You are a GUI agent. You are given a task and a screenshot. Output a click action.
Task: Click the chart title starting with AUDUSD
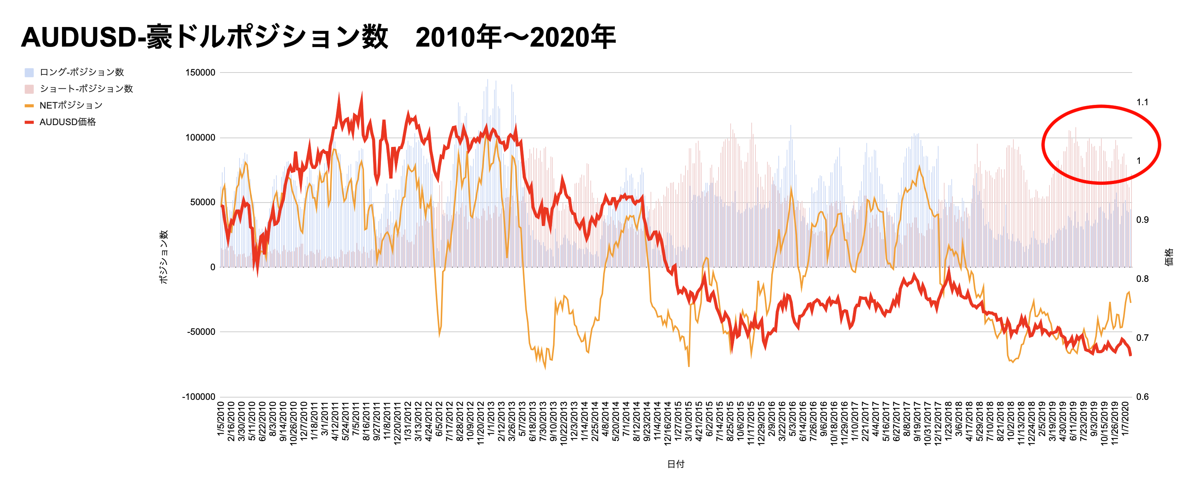(x=318, y=37)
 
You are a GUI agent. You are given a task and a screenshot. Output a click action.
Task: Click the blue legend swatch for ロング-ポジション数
(x=29, y=73)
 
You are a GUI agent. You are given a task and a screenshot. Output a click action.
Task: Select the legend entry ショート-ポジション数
(x=86, y=89)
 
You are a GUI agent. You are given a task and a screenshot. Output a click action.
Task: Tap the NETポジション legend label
(x=71, y=106)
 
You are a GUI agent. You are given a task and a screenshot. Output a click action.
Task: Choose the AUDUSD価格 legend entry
(x=67, y=122)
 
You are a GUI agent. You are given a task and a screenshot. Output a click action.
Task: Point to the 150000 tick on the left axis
(x=200, y=73)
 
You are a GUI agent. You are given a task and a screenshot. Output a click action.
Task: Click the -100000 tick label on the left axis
(x=199, y=397)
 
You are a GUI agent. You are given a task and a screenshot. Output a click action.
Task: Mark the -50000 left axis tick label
(x=201, y=332)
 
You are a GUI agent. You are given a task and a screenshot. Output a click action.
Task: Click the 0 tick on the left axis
(x=212, y=267)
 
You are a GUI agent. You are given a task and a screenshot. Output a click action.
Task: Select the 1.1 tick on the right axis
(x=1142, y=102)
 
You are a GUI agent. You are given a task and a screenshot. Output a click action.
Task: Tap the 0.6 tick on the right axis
(x=1142, y=397)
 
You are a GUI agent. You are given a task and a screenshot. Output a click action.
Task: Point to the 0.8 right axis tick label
(x=1142, y=279)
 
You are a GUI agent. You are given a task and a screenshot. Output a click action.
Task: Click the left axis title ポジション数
(x=163, y=257)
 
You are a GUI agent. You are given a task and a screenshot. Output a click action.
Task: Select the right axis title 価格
(x=1169, y=257)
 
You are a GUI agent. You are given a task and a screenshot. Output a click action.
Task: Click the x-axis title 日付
(x=676, y=464)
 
